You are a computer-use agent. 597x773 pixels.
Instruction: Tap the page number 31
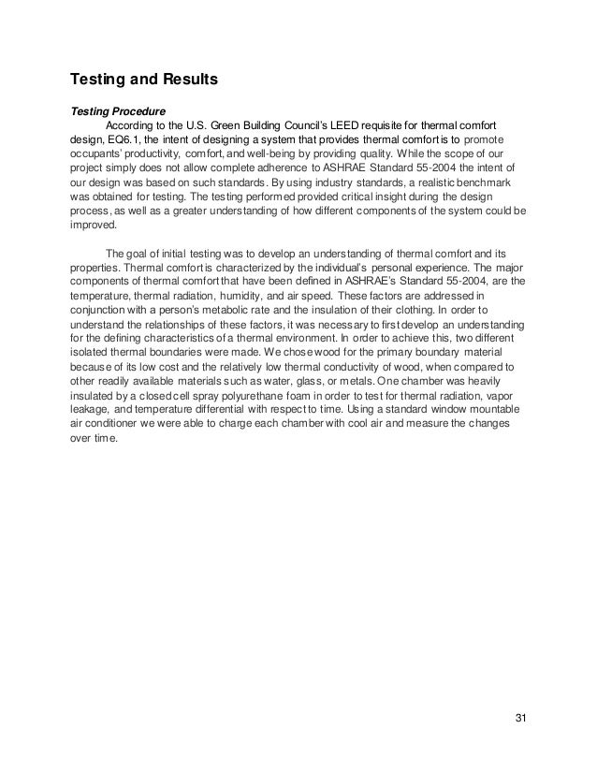coord(521,718)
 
